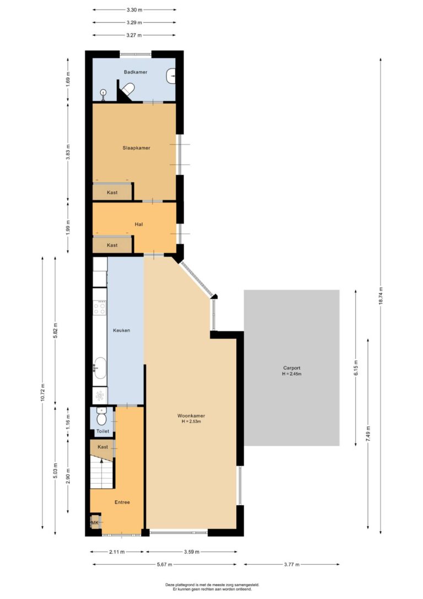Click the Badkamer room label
click(135, 72)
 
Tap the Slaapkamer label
click(136, 148)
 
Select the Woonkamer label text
click(191, 416)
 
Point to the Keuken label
click(122, 330)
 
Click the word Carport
click(292, 368)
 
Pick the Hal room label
click(139, 224)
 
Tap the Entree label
click(122, 502)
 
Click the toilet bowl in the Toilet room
click(101, 418)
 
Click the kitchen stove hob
click(100, 308)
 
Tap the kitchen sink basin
click(100, 368)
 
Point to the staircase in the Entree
click(102, 473)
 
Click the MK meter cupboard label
click(94, 522)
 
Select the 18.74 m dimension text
click(381, 296)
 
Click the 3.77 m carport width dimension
click(292, 564)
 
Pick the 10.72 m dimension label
click(43, 392)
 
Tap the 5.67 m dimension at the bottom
click(165, 564)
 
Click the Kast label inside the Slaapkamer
click(112, 192)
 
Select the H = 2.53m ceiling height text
click(192, 422)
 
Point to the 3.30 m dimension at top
click(134, 9)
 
